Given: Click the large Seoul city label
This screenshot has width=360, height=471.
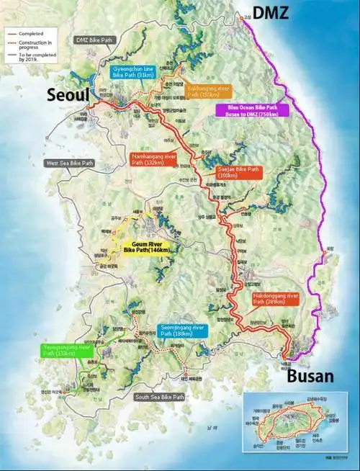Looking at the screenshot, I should click(68, 95).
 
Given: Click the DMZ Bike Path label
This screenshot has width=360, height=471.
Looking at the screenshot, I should click(94, 40).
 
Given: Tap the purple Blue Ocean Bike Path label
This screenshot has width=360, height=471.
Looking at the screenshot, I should click(251, 110).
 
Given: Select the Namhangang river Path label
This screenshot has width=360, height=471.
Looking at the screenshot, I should click(153, 158).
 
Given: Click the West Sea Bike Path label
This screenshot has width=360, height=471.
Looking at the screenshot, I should click(70, 163).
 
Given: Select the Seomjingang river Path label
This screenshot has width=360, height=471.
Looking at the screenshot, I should click(181, 331).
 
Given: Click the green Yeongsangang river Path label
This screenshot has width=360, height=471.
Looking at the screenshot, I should click(66, 351).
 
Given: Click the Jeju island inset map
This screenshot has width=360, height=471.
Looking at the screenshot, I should click(297, 426).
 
